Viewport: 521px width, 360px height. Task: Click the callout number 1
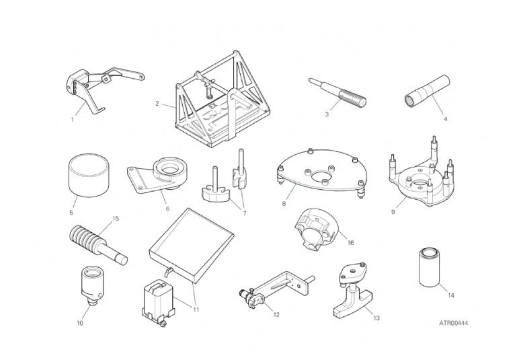tap(73, 120)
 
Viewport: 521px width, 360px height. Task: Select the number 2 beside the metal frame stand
tap(157, 104)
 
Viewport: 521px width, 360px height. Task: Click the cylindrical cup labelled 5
tap(89, 175)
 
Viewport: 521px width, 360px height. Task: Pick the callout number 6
tap(167, 209)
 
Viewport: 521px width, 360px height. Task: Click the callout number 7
tap(244, 213)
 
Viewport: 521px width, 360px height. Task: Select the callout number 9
tap(393, 212)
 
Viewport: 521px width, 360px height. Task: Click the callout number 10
tap(80, 323)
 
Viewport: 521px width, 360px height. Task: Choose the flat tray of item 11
tap(192, 246)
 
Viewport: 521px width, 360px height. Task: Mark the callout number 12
tap(276, 314)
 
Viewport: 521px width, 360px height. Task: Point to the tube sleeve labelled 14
tap(429, 267)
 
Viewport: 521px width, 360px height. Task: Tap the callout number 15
tap(116, 219)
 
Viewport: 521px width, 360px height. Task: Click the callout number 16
tap(350, 242)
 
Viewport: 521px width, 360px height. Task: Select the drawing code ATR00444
tap(454, 323)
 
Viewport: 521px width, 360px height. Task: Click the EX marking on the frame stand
tap(212, 107)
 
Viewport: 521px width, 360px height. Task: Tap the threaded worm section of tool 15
tap(85, 237)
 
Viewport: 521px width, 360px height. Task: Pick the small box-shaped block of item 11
tap(157, 302)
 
